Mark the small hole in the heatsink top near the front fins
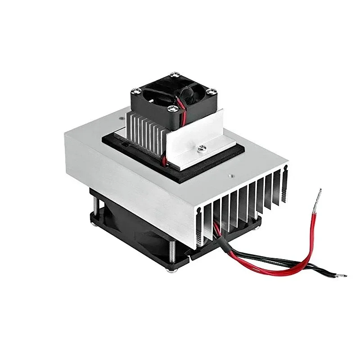(230, 176)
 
